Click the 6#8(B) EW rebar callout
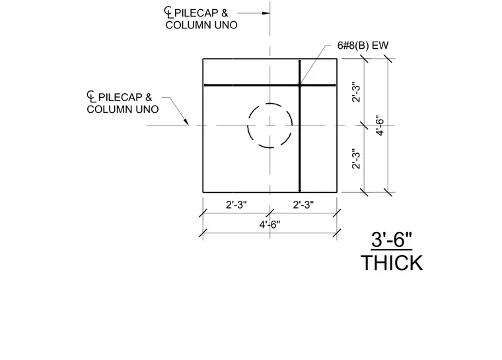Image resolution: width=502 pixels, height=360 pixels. (x=363, y=46)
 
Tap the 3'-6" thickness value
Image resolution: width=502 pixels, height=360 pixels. (x=391, y=240)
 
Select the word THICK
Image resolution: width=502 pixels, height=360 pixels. (x=392, y=264)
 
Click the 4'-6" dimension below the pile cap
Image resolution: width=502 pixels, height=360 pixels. (x=269, y=225)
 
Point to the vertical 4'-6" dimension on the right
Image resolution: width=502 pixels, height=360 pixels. (x=380, y=126)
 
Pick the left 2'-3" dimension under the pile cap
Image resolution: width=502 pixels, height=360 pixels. (x=236, y=205)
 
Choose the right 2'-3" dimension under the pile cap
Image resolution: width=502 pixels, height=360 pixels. (x=303, y=205)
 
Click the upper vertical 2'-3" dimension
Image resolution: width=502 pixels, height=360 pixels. (x=356, y=92)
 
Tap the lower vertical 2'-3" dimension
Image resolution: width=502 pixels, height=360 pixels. (x=356, y=159)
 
